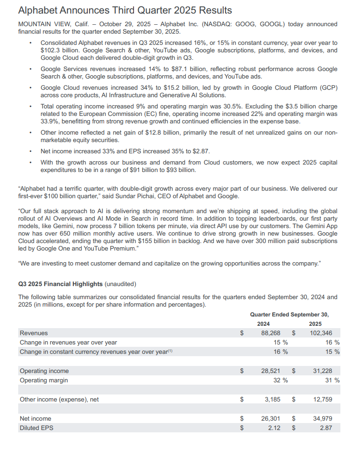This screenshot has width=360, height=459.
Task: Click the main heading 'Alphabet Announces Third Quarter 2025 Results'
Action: (125, 10)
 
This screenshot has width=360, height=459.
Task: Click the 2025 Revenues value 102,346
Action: (321, 333)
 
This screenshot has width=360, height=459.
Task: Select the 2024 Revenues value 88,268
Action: (270, 333)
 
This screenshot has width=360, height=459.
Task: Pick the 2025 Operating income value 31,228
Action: (323, 371)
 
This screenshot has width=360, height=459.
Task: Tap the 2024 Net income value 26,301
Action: (270, 418)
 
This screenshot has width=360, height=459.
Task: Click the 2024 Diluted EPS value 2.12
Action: (274, 427)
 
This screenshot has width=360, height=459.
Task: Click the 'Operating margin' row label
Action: (43, 380)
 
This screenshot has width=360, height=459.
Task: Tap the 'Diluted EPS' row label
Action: (36, 427)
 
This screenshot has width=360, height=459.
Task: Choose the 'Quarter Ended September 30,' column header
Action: (289, 315)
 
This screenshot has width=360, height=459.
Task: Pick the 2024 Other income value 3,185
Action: (272, 399)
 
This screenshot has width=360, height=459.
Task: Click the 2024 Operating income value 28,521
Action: (270, 371)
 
